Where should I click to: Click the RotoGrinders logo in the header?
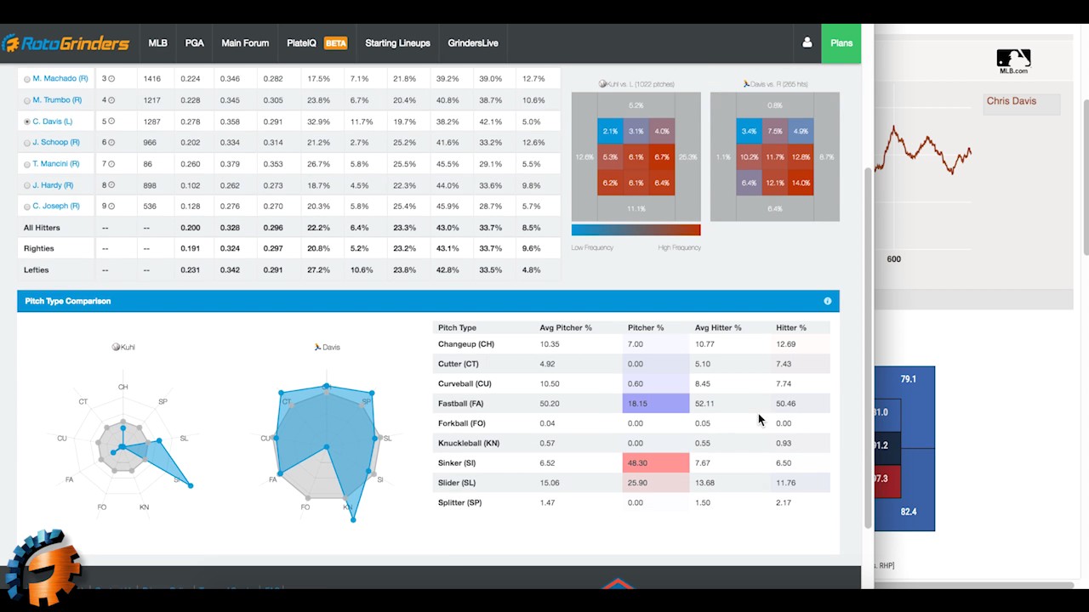(x=66, y=43)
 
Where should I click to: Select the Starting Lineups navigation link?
(x=397, y=43)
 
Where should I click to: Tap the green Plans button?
(x=841, y=43)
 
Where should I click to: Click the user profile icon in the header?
(x=807, y=43)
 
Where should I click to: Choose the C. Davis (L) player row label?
(x=52, y=122)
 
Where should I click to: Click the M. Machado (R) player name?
(x=60, y=78)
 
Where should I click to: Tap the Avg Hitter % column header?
(x=717, y=327)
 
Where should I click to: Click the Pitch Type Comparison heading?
(x=68, y=301)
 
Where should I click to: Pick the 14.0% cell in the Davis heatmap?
(x=800, y=183)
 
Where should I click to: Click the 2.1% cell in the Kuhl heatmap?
(x=610, y=132)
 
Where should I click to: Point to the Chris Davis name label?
(x=1011, y=101)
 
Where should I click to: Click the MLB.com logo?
(x=1013, y=61)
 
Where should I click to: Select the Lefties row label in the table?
(x=37, y=270)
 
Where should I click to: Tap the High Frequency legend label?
(x=679, y=247)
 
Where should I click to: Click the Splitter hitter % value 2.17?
(x=784, y=502)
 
